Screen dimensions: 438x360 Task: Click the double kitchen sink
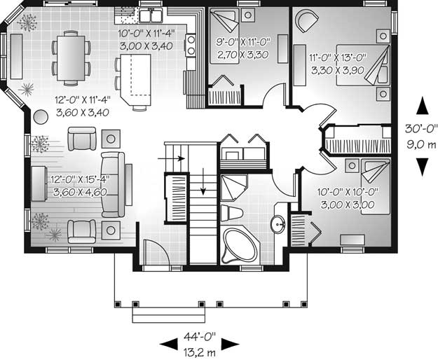click(x=151, y=15)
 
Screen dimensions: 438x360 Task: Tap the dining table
click(x=71, y=58)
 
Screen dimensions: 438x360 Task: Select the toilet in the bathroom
click(x=231, y=214)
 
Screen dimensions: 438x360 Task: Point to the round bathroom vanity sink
click(x=278, y=224)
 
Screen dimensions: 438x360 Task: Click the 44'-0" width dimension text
click(x=200, y=337)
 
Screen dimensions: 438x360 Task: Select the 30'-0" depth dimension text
click(x=420, y=129)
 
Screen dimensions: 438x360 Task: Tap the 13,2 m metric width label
click(x=200, y=352)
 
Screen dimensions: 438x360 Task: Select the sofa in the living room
click(x=113, y=184)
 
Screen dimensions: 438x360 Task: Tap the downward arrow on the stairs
click(x=203, y=181)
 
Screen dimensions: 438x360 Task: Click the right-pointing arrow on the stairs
click(x=171, y=158)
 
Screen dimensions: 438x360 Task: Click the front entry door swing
click(x=155, y=252)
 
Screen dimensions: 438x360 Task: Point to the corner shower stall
click(x=233, y=187)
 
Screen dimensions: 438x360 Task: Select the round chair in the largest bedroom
click(x=307, y=20)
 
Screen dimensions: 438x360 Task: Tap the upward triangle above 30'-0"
click(x=422, y=106)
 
